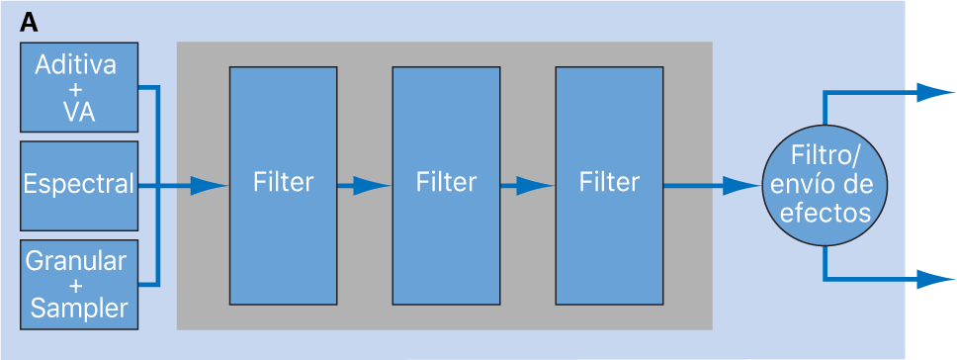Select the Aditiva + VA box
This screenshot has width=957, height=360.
click(78, 88)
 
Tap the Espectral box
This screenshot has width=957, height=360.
click(78, 184)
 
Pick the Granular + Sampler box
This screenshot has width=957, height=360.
click(78, 284)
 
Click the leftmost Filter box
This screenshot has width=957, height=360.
click(283, 184)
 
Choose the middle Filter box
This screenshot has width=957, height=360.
click(446, 184)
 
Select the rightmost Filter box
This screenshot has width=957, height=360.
click(609, 184)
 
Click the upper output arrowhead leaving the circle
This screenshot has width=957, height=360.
click(933, 92)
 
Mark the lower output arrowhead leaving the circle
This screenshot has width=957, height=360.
click(933, 279)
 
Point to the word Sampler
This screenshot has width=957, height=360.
click(79, 309)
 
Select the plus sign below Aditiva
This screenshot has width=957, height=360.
click(78, 89)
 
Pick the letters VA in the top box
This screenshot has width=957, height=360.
click(78, 112)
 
